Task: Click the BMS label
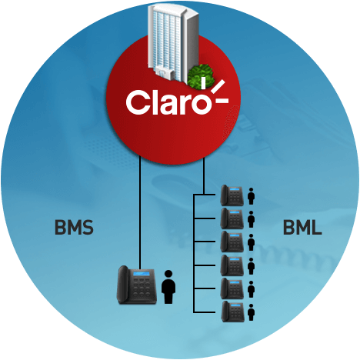click(74, 227)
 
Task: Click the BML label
click(302, 227)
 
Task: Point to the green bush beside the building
click(201, 76)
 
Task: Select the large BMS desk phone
click(137, 285)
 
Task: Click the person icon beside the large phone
click(168, 287)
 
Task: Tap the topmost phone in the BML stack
click(232, 195)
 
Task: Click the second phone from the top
click(232, 218)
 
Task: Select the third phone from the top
click(232, 242)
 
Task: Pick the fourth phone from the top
click(232, 265)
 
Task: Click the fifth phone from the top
click(232, 288)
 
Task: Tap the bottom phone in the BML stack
click(232, 312)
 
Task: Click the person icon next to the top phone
click(251, 196)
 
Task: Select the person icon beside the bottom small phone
click(251, 312)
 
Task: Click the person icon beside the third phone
click(251, 242)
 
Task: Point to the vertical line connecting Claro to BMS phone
click(140, 212)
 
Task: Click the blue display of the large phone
click(142, 274)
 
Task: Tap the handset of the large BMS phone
click(123, 285)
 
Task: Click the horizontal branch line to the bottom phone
click(205, 312)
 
